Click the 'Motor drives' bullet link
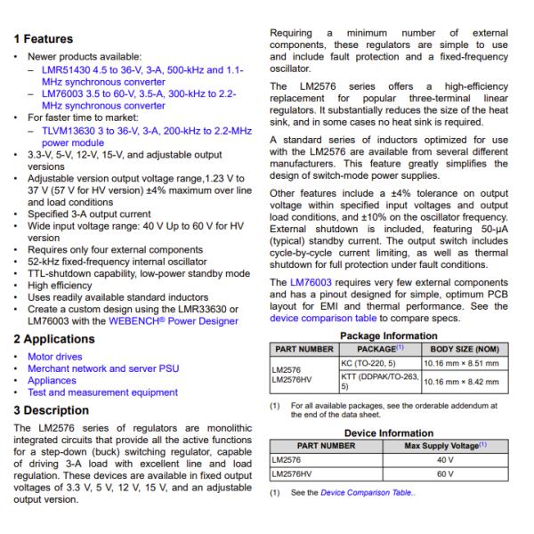[x=61, y=356]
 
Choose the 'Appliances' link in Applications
[x=58, y=380]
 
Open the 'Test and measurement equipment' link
[x=102, y=392]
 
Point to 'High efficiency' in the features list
[x=62, y=287]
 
